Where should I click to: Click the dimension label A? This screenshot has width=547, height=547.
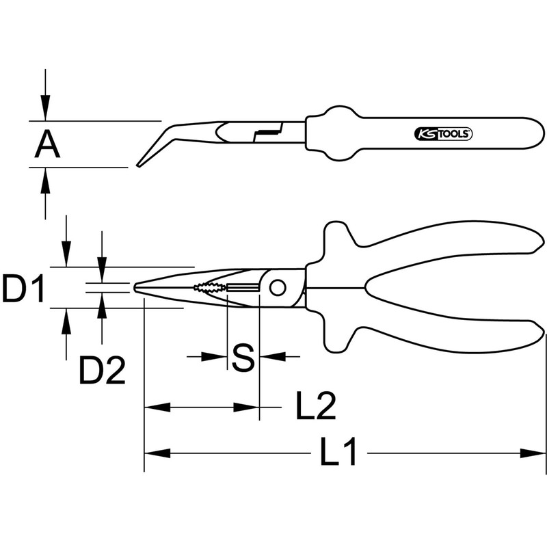click(46, 144)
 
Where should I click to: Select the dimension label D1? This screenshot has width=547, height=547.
click(23, 289)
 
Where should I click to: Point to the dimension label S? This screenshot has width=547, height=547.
click(243, 356)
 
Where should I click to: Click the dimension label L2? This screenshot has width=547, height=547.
click(315, 407)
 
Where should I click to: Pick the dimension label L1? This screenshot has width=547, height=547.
click(339, 453)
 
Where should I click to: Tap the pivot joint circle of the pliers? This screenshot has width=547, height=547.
click(277, 288)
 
